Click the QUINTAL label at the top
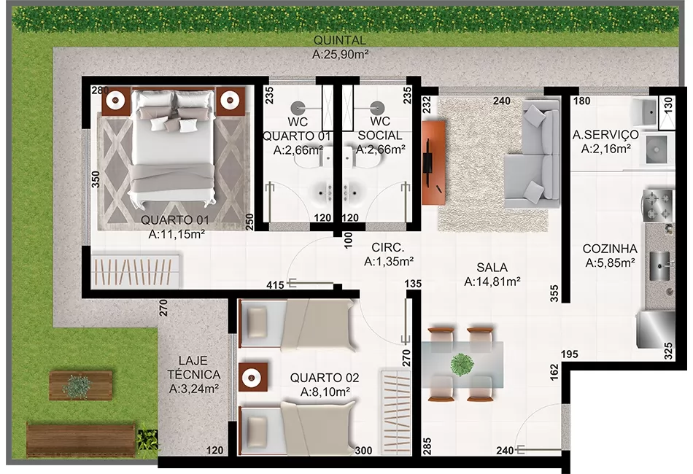tap(340, 40)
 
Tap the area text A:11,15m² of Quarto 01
tap(177, 234)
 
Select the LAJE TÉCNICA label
tap(194, 368)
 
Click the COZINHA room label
tap(610, 249)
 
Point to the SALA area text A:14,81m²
tap(492, 281)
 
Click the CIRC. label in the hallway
tap(387, 247)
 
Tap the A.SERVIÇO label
tap(605, 134)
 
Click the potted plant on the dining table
tap(462, 365)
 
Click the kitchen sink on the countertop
tap(660, 266)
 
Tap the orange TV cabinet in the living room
tap(433, 162)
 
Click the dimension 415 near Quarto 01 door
tap(275, 285)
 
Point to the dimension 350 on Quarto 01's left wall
tap(96, 179)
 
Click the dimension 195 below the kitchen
tap(570, 354)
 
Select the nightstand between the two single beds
tap(253, 377)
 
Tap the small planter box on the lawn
tap(80, 385)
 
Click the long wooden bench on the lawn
tap(81, 440)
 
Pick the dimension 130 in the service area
tap(667, 105)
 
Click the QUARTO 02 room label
tap(325, 378)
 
